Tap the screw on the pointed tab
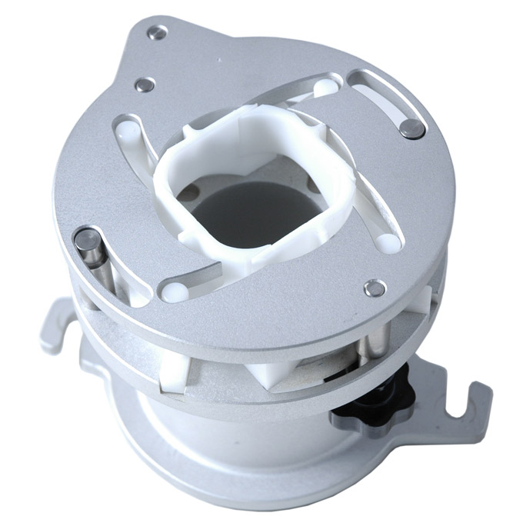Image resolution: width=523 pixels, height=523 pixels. coord(157,32)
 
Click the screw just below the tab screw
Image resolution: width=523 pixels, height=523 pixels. coord(145,85)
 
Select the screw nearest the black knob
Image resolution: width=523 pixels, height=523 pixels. coord(375,288)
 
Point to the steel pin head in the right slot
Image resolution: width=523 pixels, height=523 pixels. coord(412,128)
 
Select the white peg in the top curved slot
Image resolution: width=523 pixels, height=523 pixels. coord(325,88)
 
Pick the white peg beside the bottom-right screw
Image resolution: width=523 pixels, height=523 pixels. coord(388,242)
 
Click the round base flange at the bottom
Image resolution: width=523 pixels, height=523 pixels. coord(231,485)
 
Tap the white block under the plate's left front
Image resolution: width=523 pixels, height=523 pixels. coord(173,372)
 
